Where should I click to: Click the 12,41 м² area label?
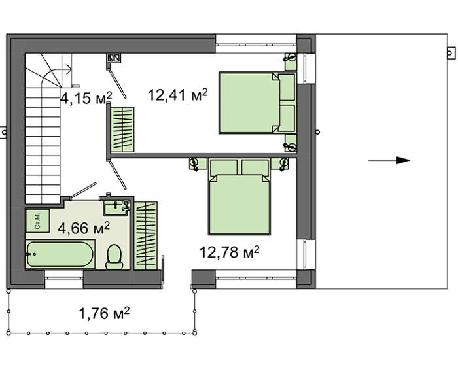(x=178, y=95)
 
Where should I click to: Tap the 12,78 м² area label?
(x=229, y=252)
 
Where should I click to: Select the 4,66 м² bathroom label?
(x=84, y=228)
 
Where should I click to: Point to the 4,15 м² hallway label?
(x=86, y=98)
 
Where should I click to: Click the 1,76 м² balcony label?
(x=104, y=313)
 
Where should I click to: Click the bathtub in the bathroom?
(x=60, y=254)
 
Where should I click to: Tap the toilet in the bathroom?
(x=114, y=257)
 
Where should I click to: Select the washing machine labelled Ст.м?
(x=37, y=221)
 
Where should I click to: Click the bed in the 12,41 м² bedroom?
(x=258, y=103)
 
